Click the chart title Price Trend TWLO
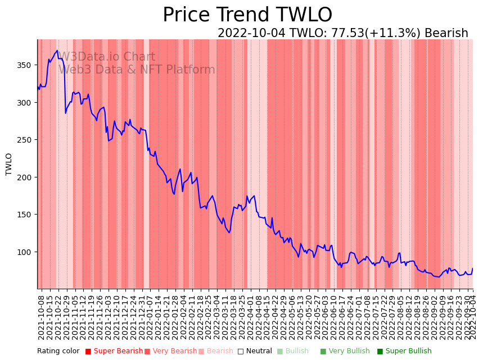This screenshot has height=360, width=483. tap(247, 15)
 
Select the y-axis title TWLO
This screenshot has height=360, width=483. tap(9, 164)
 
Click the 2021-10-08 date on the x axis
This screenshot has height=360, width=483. tap(41, 316)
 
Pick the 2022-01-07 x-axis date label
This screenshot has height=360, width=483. tap(150, 316)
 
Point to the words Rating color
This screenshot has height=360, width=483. tap(58, 351)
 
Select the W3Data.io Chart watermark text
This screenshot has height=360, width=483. tap(107, 57)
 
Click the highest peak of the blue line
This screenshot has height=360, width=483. tap(57, 51)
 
